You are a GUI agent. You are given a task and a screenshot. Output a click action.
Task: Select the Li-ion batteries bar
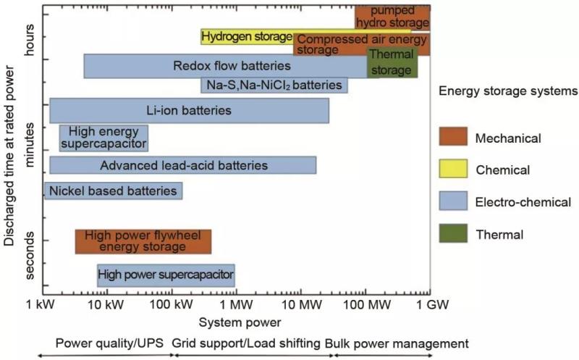click(189, 111)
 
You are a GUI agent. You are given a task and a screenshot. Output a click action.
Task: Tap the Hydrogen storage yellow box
click(246, 37)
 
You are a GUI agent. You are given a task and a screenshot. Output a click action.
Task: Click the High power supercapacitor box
click(166, 275)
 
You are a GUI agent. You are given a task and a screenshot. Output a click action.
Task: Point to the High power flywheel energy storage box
click(143, 242)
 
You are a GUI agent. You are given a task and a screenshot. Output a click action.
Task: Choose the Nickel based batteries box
click(113, 191)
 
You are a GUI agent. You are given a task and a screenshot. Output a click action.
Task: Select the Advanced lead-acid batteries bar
click(183, 165)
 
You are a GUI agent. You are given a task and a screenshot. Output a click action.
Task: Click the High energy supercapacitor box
click(103, 138)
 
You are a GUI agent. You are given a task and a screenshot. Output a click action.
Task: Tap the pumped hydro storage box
click(392, 17)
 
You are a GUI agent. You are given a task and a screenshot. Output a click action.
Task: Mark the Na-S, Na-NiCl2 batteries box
click(274, 85)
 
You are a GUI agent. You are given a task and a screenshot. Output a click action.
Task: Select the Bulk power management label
click(397, 343)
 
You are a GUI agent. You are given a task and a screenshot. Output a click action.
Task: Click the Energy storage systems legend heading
click(508, 91)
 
